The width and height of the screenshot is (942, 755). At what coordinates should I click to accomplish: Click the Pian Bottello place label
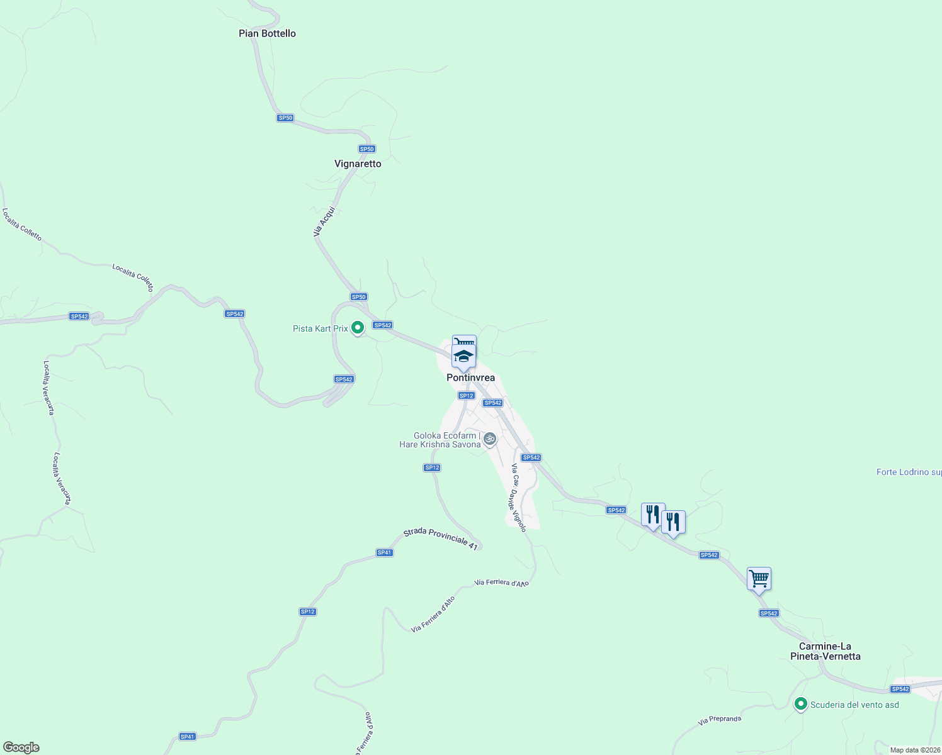coord(267,33)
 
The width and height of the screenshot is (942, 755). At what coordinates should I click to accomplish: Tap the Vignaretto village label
coord(358,164)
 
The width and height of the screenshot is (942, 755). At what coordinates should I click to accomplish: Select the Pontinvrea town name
coord(470,377)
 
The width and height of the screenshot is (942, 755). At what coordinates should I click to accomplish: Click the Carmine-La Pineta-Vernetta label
coord(825,651)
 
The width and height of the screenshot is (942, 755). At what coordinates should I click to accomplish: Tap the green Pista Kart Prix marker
coord(358,328)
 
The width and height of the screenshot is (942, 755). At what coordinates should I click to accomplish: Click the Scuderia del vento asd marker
coord(801,704)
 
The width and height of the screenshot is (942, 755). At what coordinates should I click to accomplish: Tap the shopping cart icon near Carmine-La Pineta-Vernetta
coord(759,578)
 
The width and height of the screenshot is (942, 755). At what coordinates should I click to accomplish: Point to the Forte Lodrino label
coord(909,472)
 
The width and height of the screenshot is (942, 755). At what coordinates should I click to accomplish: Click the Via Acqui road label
coord(324,222)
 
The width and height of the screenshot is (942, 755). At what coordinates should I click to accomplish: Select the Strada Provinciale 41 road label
coord(441,538)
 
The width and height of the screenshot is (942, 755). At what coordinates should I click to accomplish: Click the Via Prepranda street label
coord(720,720)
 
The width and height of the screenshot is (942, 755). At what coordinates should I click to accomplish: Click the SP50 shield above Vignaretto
coord(366,149)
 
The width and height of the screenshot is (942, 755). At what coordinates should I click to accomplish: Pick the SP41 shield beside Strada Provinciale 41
coord(384,552)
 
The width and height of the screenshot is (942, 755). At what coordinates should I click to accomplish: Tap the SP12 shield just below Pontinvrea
coord(466,396)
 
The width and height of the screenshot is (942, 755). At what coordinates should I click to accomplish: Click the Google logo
coord(21,747)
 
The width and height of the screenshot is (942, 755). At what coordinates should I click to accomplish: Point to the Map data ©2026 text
coord(914,750)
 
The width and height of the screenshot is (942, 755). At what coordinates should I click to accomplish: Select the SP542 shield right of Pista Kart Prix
coord(382,325)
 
